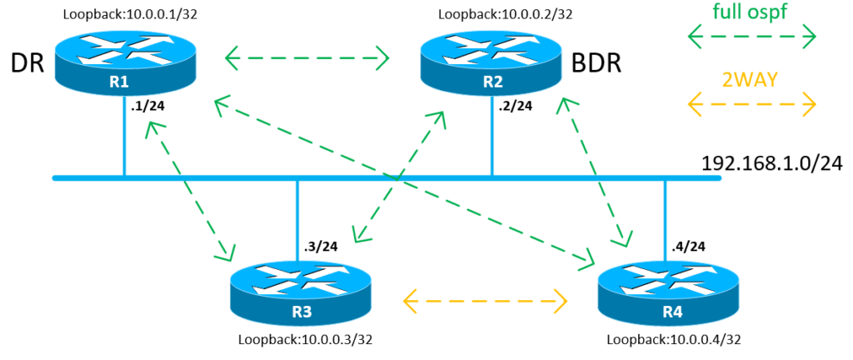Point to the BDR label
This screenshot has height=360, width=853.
[596, 65]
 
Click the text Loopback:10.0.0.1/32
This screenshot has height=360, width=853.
[130, 15]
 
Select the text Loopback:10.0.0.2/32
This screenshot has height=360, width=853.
[506, 15]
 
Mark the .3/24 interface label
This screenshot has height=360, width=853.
[320, 247]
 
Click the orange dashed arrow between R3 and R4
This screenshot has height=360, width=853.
[484, 300]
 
